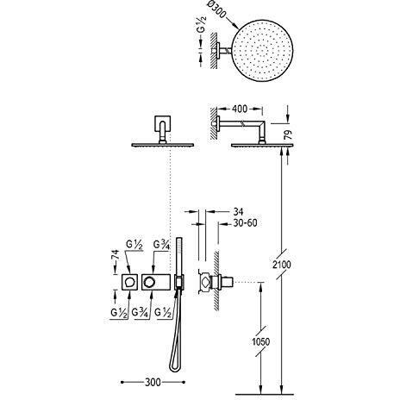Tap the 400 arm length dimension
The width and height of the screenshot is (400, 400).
(x=240, y=109)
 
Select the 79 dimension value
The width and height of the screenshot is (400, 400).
(x=289, y=134)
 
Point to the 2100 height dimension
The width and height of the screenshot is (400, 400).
(x=282, y=265)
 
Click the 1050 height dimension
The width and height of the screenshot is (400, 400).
(x=261, y=341)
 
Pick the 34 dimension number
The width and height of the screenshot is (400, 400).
(x=238, y=212)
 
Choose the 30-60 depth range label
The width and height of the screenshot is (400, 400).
(x=245, y=223)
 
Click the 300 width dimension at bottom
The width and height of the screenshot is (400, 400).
(x=153, y=382)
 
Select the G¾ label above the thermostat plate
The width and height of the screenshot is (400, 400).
(x=162, y=245)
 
